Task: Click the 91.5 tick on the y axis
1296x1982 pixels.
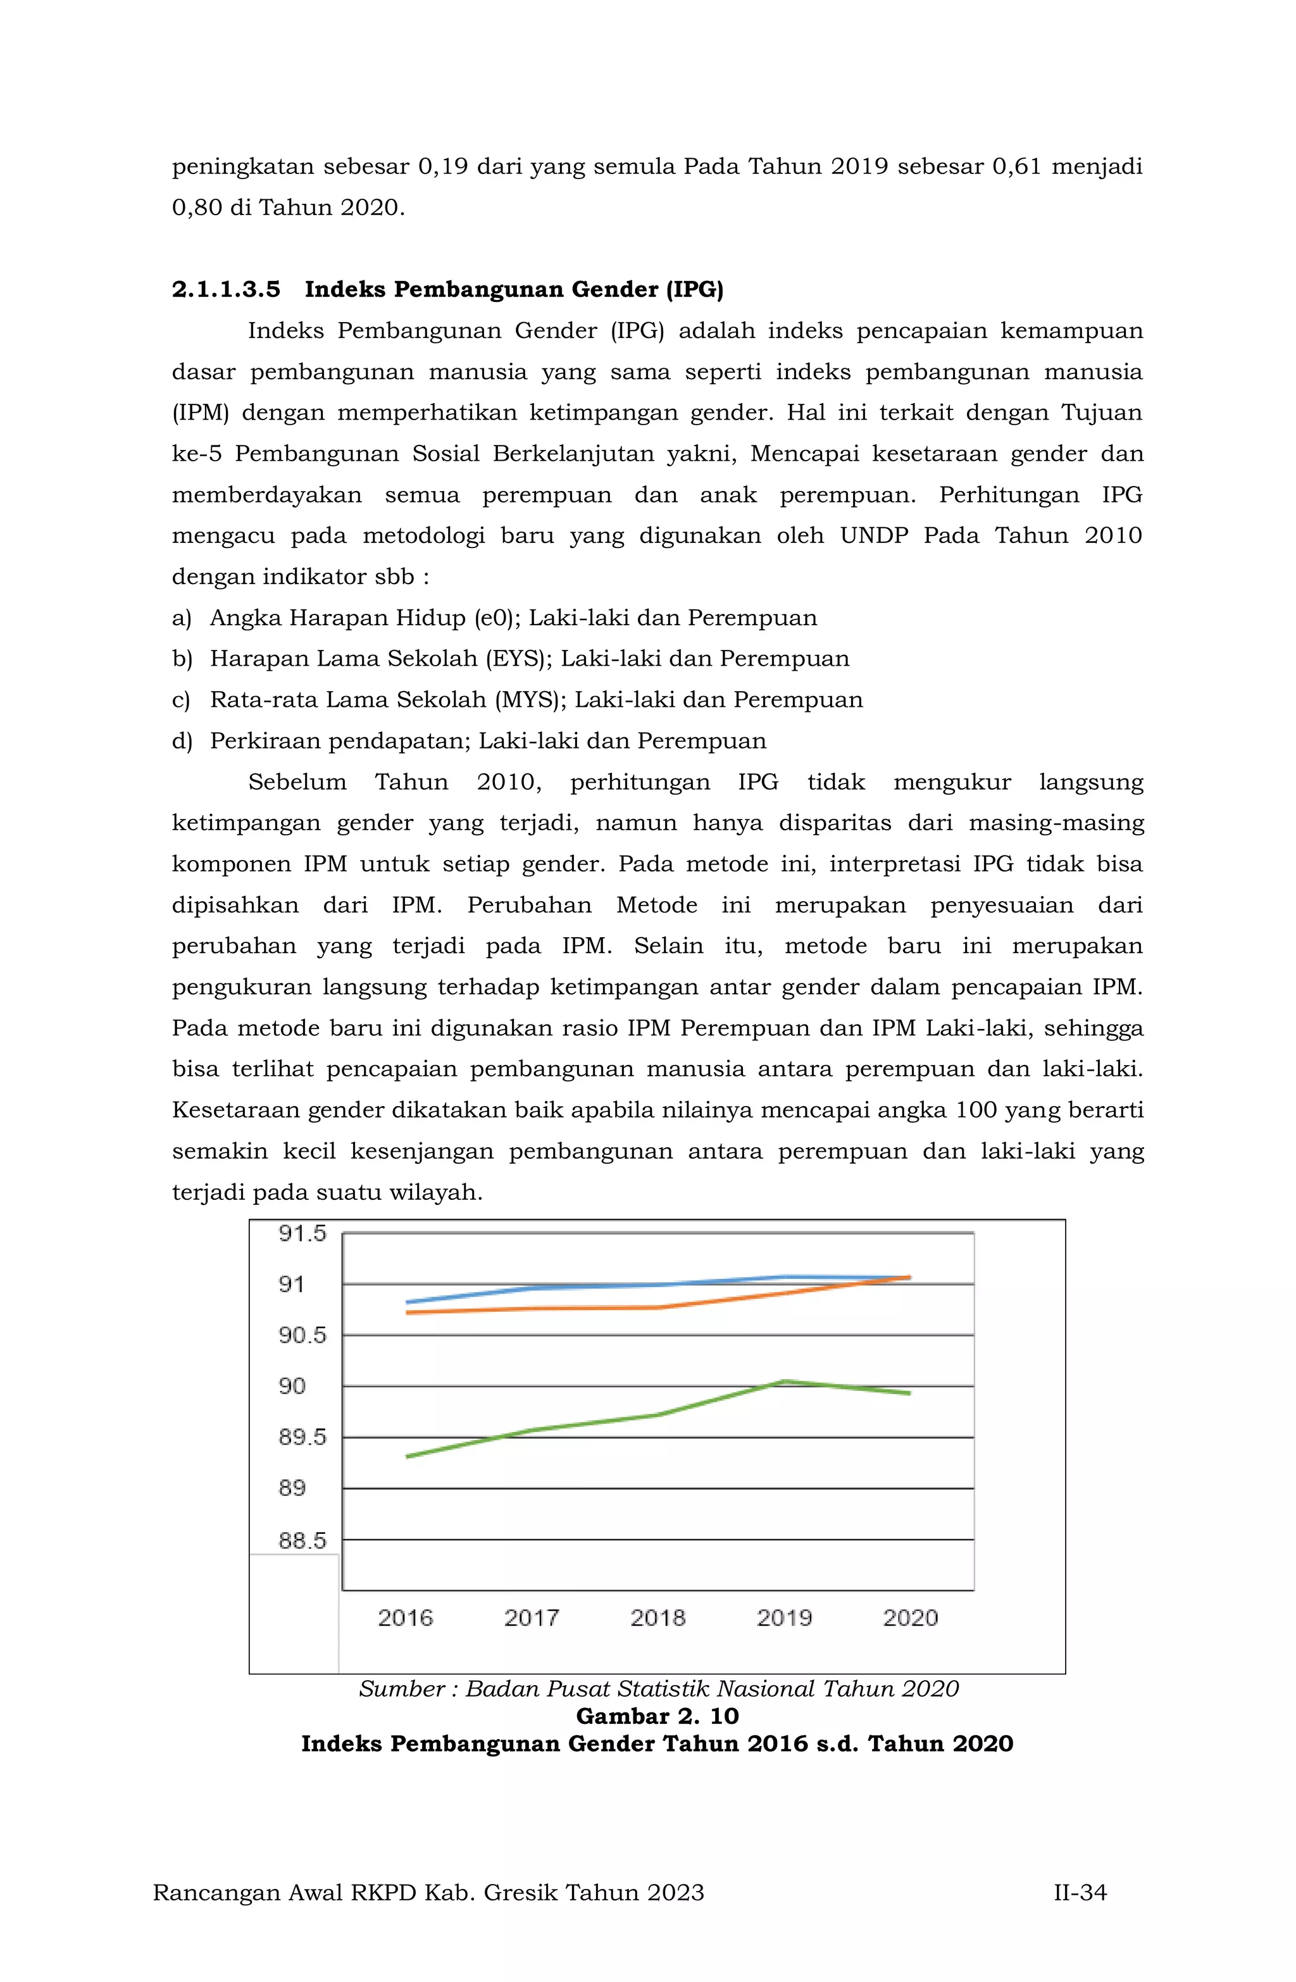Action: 302,1234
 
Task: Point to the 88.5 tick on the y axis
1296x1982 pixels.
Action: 302,1541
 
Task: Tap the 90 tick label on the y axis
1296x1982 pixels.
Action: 292,1387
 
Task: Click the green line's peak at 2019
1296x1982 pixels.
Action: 785,1381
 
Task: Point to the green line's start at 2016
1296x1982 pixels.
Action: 408,1457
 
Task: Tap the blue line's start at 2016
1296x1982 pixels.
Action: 408,1302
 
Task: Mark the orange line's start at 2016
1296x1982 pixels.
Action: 408,1312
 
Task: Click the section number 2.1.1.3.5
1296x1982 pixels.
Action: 226,290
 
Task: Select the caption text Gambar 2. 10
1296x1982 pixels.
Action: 657,1716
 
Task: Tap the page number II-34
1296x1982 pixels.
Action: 1080,1893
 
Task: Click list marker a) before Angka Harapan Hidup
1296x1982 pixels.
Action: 182,618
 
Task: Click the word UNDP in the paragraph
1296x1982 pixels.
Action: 874,535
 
